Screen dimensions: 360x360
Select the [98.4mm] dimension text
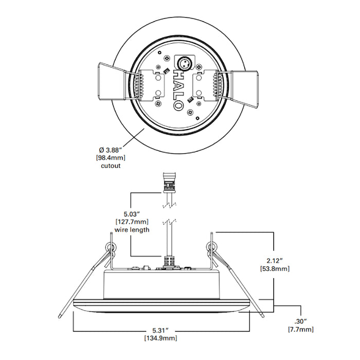pos(111,157)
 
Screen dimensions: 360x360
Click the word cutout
pos(111,166)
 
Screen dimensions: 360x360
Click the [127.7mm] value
pos(132,221)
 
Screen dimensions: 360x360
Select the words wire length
pos(132,229)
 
